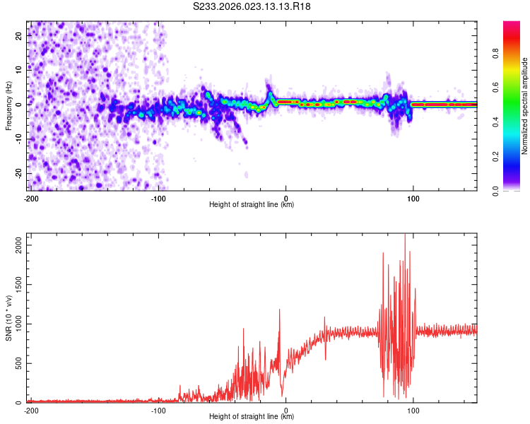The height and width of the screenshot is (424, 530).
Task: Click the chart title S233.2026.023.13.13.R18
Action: (x=252, y=6)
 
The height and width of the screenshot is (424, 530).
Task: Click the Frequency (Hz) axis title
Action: (x=8, y=106)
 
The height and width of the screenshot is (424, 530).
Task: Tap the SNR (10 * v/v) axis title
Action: (x=8, y=318)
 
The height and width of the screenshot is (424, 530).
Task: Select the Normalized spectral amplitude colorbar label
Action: (x=525, y=106)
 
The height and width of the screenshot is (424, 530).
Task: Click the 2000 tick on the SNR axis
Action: (x=14, y=243)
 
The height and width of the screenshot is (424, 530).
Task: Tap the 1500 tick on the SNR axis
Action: (x=14, y=283)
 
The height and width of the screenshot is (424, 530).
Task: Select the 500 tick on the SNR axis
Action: (x=16, y=363)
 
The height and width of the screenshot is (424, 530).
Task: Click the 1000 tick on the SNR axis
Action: (x=14, y=324)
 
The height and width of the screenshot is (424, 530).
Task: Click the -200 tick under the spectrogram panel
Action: (x=31, y=198)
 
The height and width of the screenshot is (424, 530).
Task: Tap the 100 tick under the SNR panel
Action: (x=412, y=410)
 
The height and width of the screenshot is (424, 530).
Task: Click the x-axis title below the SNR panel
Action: (x=252, y=417)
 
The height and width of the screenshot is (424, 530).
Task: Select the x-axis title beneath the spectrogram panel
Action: (x=252, y=205)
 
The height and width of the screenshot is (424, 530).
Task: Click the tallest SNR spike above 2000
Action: (x=405, y=236)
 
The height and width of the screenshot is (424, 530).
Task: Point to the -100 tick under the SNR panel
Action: (x=158, y=410)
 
